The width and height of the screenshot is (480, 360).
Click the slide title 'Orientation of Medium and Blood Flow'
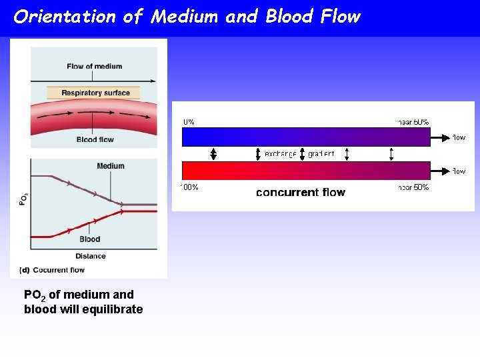(187, 17)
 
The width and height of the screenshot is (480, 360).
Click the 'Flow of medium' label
(94, 66)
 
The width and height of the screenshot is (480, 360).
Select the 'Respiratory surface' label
(95, 93)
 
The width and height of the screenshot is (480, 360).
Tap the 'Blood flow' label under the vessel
(95, 139)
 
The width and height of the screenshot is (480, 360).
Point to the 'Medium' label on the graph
(110, 166)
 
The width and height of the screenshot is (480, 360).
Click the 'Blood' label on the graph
(89, 239)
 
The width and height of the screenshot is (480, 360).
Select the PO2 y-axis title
(23, 199)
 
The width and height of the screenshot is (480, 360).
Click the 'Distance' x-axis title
(90, 256)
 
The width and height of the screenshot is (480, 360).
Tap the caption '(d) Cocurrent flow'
(52, 270)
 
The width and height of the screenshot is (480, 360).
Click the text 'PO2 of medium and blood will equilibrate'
(83, 302)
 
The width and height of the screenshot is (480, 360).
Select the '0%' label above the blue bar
(189, 122)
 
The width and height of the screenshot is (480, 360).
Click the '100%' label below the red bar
(189, 187)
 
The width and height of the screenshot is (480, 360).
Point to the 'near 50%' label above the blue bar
(413, 122)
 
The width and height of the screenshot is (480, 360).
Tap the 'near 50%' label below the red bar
(413, 187)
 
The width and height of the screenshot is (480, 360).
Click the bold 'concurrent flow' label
(301, 193)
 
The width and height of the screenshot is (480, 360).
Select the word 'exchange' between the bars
(280, 154)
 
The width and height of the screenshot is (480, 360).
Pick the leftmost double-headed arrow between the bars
(213, 154)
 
